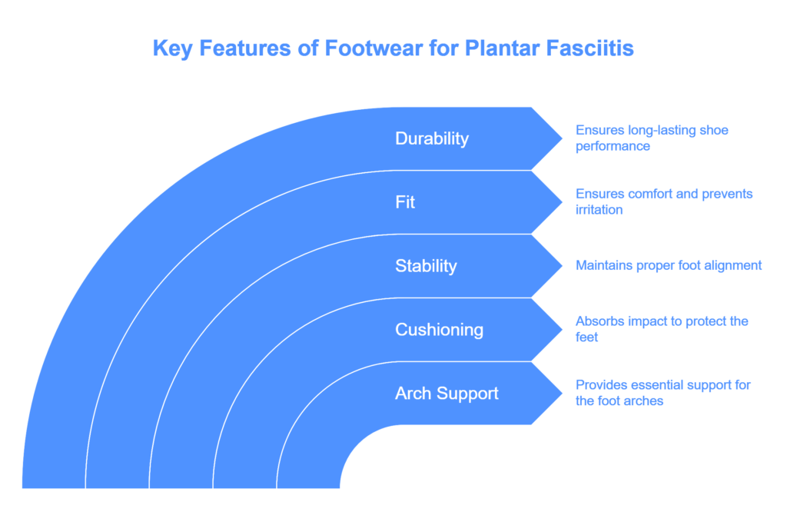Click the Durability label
[x=432, y=138]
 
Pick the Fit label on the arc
[x=405, y=202]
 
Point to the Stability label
[x=426, y=266]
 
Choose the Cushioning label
[x=439, y=330]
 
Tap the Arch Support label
[x=447, y=394]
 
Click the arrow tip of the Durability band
[x=562, y=138]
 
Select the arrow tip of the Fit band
[x=562, y=202]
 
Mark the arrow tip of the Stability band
[x=562, y=266]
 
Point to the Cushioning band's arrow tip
[x=562, y=330]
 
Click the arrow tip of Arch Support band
[x=562, y=394]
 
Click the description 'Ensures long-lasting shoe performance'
[x=652, y=138]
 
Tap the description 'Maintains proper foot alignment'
[x=669, y=265]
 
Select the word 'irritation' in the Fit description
[x=599, y=210]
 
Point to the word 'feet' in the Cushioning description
[x=586, y=337]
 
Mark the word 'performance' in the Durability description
[x=613, y=146]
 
